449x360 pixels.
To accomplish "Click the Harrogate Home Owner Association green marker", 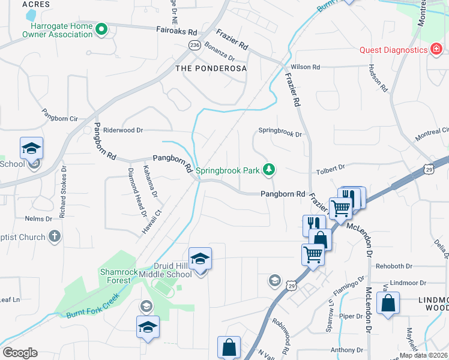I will [101, 29].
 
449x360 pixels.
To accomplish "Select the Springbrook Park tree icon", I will [270, 170].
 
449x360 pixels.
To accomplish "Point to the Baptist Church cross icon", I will [54, 236].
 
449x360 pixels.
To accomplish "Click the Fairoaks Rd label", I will [176, 31].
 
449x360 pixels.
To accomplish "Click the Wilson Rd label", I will [305, 67].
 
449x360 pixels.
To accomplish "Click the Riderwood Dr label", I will [124, 130].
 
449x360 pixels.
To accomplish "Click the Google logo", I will [20, 353].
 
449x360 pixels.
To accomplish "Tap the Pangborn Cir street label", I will [59, 115].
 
